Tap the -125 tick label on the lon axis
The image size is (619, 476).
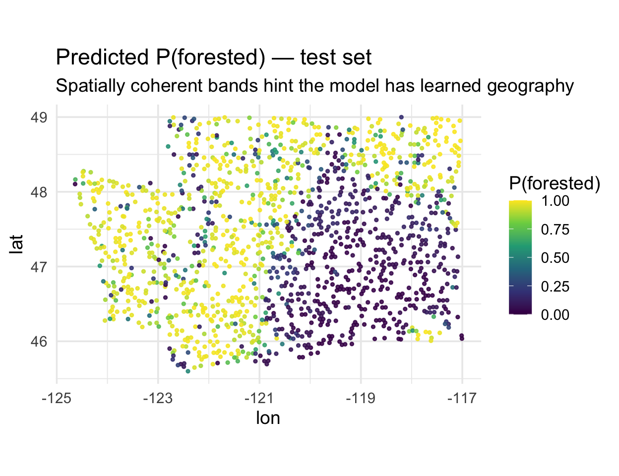coord(57,398)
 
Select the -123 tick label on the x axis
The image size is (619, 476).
coord(158,398)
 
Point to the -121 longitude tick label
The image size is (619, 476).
coord(259,398)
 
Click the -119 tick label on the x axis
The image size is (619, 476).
coord(361,398)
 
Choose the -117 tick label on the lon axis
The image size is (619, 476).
coord(462,398)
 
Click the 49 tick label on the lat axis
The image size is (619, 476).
coord(39,118)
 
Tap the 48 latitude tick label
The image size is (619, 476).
coord(39,192)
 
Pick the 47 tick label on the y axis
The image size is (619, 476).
coord(39,267)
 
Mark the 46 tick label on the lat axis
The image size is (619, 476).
coord(39,342)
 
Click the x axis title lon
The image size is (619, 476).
coord(268,418)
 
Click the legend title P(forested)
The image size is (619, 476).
coord(555,183)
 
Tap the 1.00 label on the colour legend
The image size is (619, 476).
coord(555,201)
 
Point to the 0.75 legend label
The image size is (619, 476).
coord(555,230)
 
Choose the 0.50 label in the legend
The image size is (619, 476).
coord(555,258)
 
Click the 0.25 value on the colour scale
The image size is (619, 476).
coord(555,287)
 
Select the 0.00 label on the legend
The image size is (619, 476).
coord(555,315)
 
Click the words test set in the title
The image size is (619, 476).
coord(335,58)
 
